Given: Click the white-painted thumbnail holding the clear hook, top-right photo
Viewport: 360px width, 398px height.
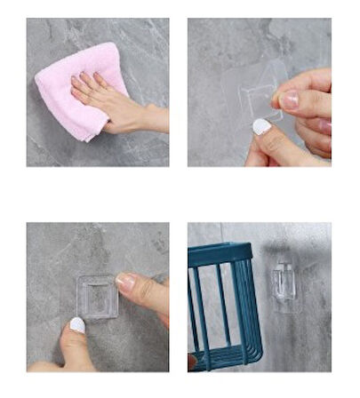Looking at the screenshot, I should pos(261,127).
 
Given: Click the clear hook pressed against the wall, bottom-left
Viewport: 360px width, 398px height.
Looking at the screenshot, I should pos(97,297).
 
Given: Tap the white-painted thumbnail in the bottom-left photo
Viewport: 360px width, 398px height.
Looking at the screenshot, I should pos(77,326).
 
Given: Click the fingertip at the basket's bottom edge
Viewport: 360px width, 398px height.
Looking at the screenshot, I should pos(192,362).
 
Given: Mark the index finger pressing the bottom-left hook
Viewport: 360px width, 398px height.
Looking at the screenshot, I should pos(142,289).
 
